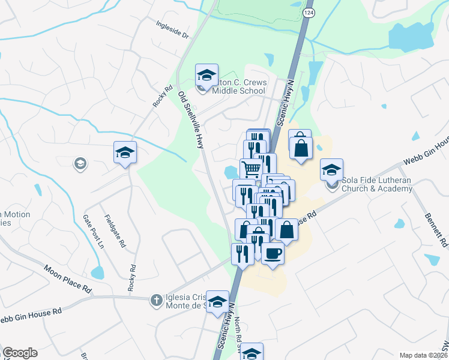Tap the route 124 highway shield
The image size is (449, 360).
[x=309, y=13]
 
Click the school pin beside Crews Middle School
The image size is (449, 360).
[x=206, y=76]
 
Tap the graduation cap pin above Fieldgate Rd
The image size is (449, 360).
[x=125, y=152]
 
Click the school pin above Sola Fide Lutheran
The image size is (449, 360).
[x=331, y=170]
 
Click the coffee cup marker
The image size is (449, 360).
[x=273, y=254]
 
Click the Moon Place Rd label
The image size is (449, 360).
[x=67, y=277]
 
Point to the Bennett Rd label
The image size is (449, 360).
[x=436, y=230]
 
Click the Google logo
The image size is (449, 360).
[x=20, y=353]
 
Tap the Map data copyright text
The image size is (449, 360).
[x=423, y=355]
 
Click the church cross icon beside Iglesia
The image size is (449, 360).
[x=155, y=299]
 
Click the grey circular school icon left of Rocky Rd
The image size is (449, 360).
[x=79, y=163]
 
